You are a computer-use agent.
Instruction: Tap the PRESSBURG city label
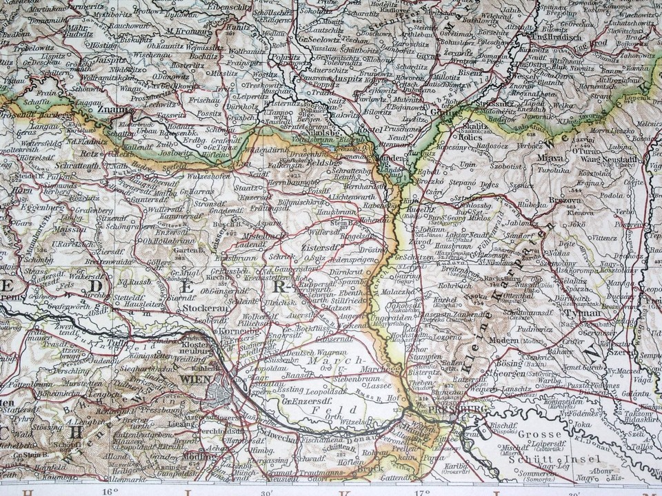(449, 409)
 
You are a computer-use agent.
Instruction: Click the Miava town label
(546, 157)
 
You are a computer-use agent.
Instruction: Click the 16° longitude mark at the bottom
(110, 492)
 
